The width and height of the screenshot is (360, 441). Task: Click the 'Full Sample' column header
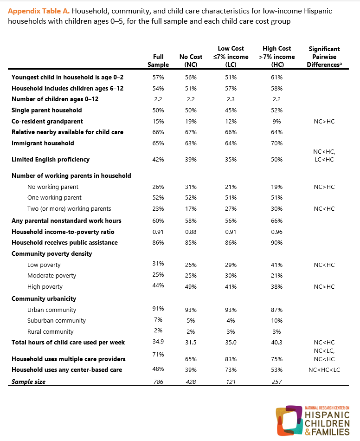click(158, 61)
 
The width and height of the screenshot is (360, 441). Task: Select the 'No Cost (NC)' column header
click(191, 61)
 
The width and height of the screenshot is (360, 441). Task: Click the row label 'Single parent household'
click(46, 110)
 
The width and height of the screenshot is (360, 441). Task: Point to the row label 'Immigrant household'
click(43, 143)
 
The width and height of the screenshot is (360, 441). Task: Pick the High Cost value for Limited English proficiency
click(277, 159)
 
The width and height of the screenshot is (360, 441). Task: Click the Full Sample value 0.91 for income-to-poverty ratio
click(158, 232)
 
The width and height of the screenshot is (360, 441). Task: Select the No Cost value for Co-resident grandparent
click(191, 121)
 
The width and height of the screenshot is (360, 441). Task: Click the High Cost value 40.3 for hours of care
click(277, 343)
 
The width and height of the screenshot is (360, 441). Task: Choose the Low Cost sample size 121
click(231, 382)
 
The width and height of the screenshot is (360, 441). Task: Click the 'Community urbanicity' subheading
click(44, 298)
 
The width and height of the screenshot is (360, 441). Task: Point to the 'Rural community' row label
click(50, 331)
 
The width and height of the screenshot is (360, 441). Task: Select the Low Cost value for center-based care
click(231, 370)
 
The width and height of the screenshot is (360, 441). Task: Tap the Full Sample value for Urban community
click(158, 309)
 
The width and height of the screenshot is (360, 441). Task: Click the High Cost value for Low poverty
click(277, 265)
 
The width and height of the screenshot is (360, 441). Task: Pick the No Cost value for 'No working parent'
click(191, 187)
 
